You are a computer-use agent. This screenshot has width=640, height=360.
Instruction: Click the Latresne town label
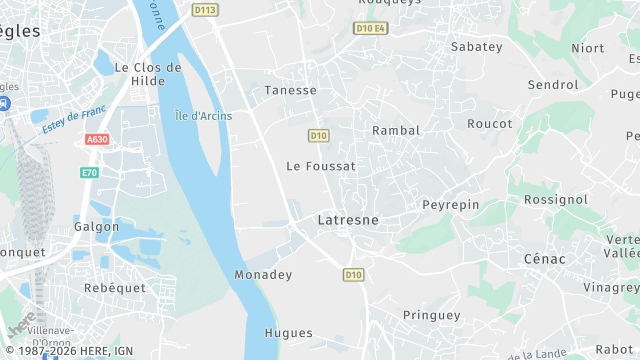(x=347, y=219)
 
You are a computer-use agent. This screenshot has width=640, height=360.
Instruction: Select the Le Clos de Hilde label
(x=148, y=74)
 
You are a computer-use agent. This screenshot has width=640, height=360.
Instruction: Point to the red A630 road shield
(x=97, y=140)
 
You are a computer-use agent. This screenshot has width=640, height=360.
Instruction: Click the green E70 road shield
(x=90, y=173)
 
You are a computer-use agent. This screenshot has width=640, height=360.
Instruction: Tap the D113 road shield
(x=205, y=10)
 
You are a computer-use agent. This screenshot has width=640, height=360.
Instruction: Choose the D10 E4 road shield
(x=370, y=28)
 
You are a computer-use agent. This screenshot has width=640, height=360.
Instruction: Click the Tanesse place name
(x=290, y=91)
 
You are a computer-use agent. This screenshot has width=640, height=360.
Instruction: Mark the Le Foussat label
(x=320, y=166)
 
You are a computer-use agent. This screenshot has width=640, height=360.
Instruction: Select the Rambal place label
(x=395, y=131)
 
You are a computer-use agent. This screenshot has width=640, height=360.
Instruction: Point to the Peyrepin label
(x=451, y=205)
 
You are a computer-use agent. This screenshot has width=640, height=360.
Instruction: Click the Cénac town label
(x=544, y=259)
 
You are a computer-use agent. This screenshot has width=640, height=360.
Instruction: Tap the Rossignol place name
(x=556, y=200)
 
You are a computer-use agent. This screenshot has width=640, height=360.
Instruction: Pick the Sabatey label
(x=476, y=47)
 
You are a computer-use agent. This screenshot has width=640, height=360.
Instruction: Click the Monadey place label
(x=262, y=274)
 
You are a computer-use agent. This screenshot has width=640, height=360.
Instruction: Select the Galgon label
(x=97, y=227)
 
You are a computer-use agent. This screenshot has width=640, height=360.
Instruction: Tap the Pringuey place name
(x=431, y=315)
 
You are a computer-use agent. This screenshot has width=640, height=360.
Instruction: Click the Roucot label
(x=490, y=124)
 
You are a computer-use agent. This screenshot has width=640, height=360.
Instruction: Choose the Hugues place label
(x=289, y=333)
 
